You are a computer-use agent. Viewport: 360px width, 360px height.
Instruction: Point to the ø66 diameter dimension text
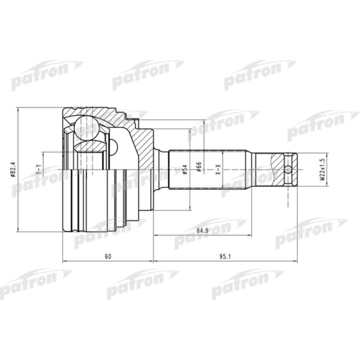[x=200, y=169]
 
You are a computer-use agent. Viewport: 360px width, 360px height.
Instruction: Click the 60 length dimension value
[x=107, y=256]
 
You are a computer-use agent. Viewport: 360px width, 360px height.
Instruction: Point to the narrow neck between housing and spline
[x=162, y=169]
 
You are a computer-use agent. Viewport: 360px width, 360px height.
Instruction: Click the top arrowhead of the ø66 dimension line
[x=205, y=123]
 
